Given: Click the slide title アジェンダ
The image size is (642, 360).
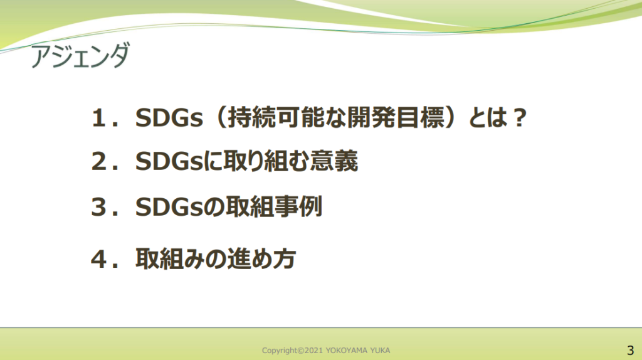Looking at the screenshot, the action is click(x=80, y=55).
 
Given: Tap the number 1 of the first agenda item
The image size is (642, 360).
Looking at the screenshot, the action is click(x=99, y=118).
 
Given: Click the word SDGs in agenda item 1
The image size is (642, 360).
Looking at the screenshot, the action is click(x=169, y=118).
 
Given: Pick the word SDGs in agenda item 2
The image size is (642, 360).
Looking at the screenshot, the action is click(x=169, y=161).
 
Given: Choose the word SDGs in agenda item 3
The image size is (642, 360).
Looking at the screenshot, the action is click(x=169, y=207).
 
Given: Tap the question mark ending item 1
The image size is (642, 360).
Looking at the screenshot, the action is click(x=520, y=118).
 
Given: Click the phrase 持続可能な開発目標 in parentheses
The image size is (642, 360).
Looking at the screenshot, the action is click(x=336, y=118).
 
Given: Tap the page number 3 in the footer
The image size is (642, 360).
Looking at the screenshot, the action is click(x=630, y=351).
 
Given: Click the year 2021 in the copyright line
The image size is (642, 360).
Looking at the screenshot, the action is click(x=314, y=351).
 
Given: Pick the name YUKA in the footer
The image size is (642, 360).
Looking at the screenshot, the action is click(x=381, y=351).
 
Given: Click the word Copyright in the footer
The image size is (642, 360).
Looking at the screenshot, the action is click(x=280, y=351).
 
